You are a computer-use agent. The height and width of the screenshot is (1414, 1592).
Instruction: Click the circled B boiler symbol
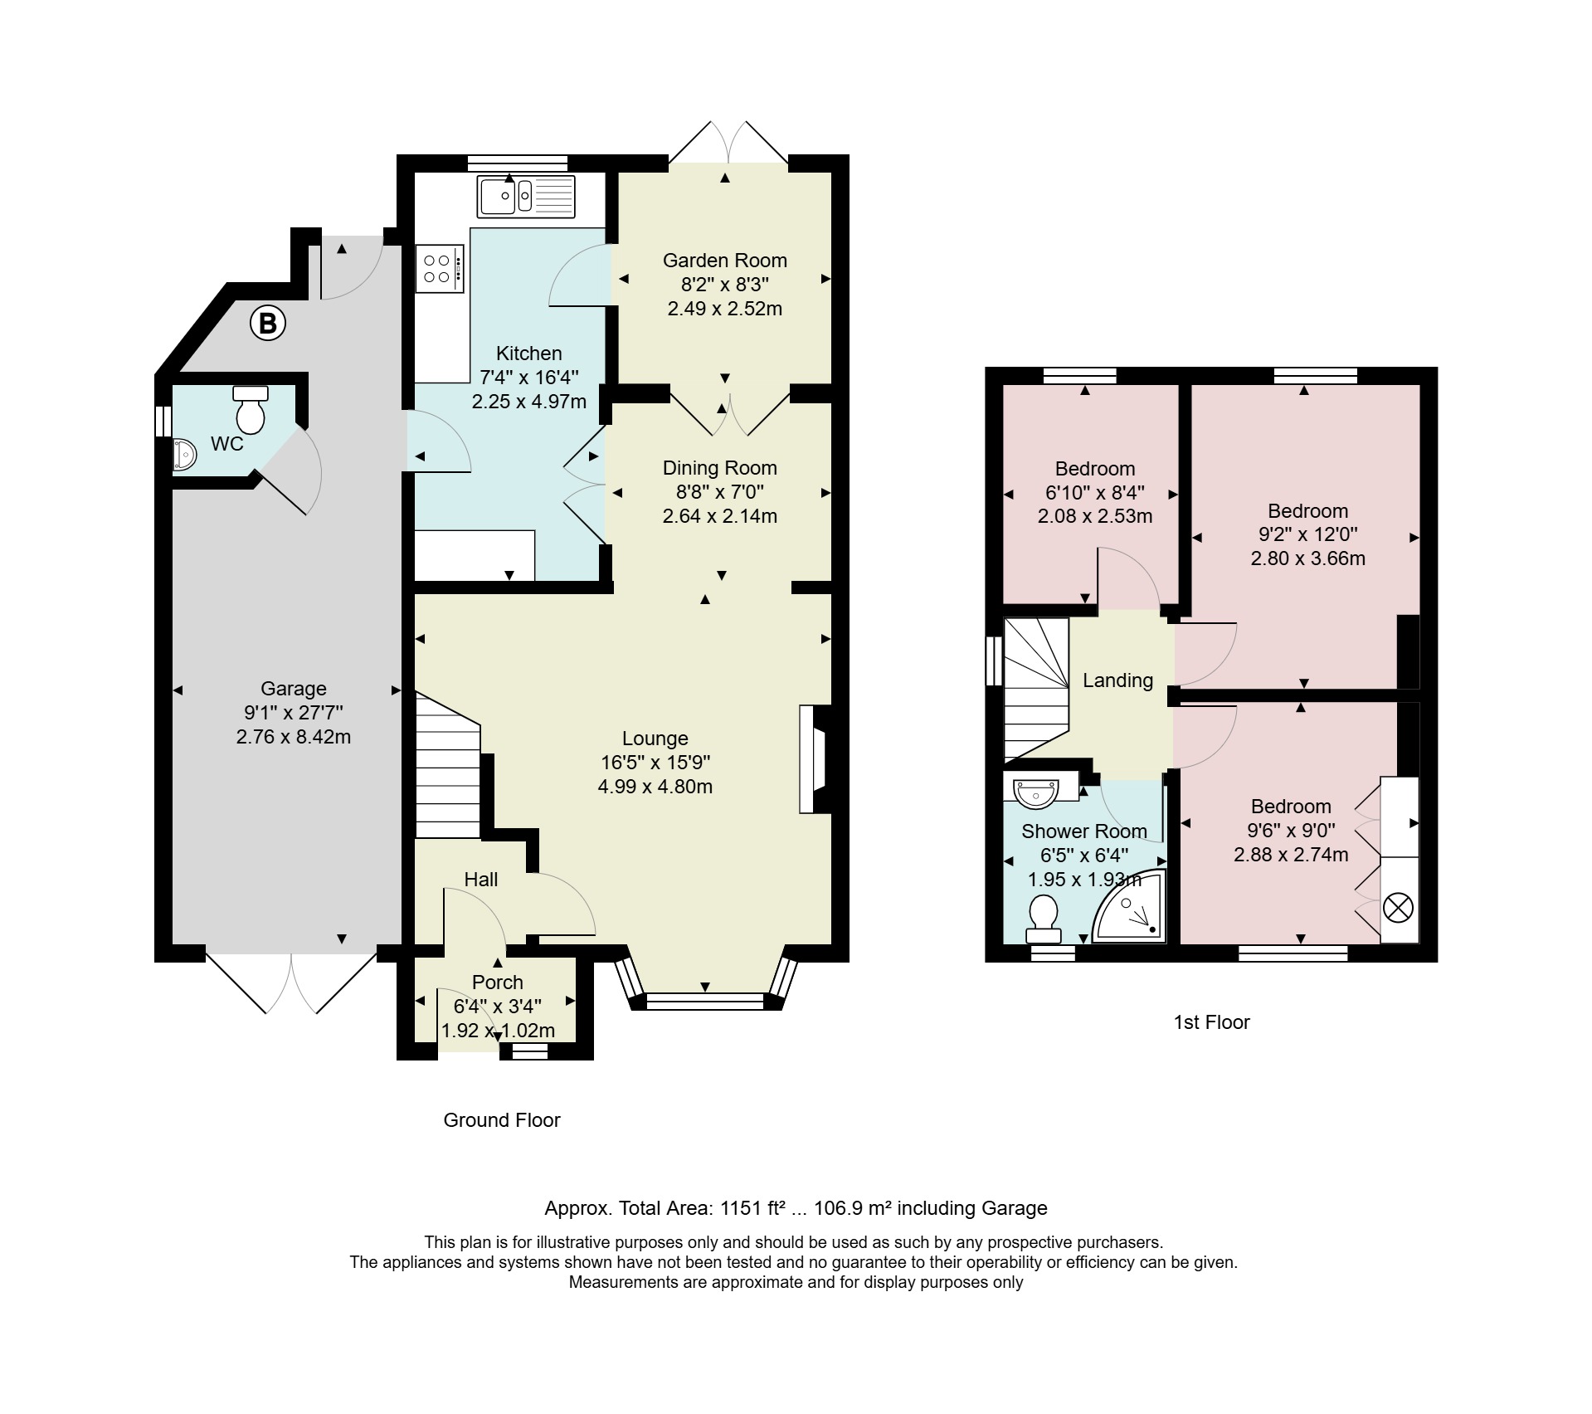point(268,323)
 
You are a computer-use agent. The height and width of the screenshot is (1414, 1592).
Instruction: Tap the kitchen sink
point(526,196)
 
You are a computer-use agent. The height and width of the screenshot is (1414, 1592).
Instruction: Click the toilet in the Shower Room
point(1044,919)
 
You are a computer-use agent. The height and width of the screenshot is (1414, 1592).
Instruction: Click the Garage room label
point(294,688)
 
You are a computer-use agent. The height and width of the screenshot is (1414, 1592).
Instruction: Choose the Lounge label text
point(655,738)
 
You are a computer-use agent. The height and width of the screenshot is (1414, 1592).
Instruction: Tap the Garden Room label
point(725,260)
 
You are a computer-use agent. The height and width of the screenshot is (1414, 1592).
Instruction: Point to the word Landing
point(1118,680)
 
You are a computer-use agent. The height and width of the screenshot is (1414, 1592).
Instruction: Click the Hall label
point(481,879)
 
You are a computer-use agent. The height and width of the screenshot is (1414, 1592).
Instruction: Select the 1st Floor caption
point(1211,1022)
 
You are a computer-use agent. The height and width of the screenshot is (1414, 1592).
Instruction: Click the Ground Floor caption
point(502,1120)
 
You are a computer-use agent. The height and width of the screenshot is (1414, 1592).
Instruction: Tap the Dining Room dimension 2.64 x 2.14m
point(720,515)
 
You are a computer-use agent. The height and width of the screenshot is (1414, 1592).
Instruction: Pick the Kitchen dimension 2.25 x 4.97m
point(529,402)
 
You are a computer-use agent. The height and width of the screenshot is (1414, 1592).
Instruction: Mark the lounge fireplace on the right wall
point(814,758)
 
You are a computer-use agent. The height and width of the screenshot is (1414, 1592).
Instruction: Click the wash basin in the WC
point(184,455)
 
